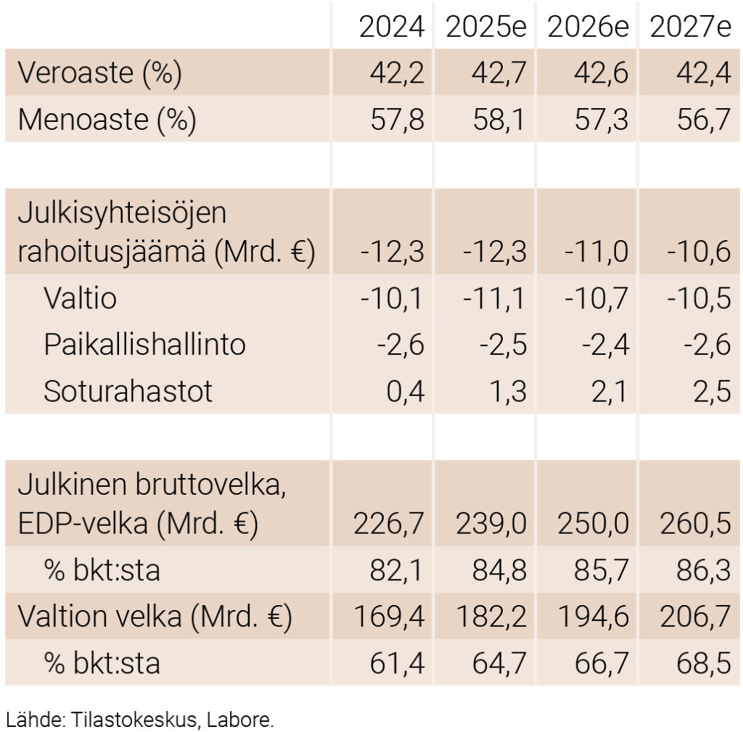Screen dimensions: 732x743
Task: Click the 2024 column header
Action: (x=391, y=28)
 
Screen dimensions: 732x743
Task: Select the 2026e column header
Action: (x=588, y=28)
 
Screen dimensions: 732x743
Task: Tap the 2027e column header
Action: (x=690, y=28)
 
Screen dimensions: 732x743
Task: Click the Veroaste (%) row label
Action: (x=99, y=73)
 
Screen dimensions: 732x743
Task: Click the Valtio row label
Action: (x=80, y=298)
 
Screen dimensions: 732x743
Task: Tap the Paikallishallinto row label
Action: (x=144, y=345)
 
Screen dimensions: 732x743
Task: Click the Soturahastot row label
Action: (x=128, y=391)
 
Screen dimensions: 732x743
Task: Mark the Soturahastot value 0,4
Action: (x=404, y=391)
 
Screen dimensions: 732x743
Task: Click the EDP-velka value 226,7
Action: (x=389, y=524)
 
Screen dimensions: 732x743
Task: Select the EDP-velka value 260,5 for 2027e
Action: (x=695, y=524)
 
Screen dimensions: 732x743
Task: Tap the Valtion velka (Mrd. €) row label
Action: (x=154, y=617)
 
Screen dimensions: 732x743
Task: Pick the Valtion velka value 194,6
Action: (x=593, y=617)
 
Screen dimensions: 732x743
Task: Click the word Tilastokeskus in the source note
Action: (x=134, y=720)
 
